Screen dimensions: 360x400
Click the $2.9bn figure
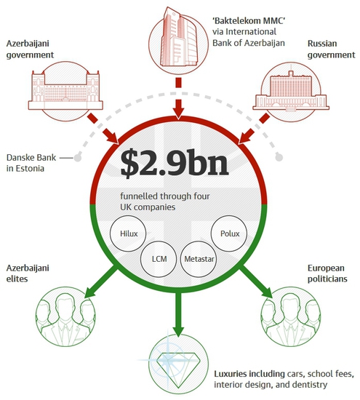coord(175,164)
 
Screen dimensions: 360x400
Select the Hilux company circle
coord(128,233)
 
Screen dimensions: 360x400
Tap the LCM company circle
coord(159,259)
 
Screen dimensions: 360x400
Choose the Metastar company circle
coord(199,259)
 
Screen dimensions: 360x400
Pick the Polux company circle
coord(229,233)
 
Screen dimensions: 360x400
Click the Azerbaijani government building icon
coord(65,91)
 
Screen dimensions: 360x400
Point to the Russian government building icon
coord(291,92)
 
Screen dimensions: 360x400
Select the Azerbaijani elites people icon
coord(65,316)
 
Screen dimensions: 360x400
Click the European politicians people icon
coord(291,316)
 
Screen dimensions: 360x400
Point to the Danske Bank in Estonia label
coord(31,163)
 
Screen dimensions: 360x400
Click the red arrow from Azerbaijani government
coord(103,129)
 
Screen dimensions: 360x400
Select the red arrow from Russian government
coord(253,129)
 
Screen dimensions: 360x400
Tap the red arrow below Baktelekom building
coord(179,98)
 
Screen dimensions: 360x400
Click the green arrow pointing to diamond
coord(178,314)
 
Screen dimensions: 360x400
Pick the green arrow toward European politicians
coord(257,281)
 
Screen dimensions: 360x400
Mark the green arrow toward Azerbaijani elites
coord(100,281)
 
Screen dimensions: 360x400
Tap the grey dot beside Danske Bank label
coord(78,158)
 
